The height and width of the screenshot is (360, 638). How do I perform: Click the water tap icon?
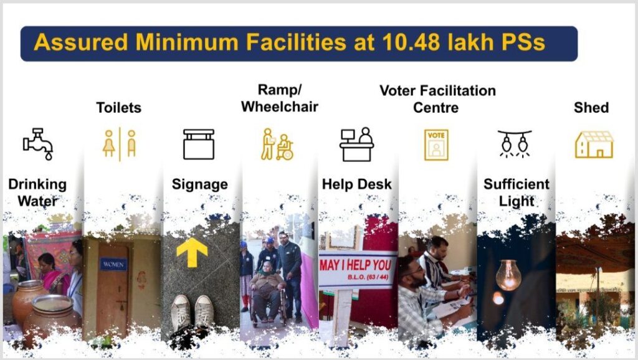[38, 143]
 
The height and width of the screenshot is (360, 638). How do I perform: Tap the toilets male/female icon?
[120, 144]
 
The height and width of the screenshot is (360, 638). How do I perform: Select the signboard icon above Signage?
[199, 144]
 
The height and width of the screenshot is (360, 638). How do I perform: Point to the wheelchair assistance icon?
[277, 144]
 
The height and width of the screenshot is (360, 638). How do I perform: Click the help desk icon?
[356, 144]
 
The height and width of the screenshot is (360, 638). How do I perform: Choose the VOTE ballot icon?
[436, 145]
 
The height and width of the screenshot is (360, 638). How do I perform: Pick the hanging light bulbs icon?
[515, 143]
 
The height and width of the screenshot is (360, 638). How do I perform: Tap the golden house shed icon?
[594, 144]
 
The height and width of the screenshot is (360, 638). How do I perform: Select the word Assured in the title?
[81, 42]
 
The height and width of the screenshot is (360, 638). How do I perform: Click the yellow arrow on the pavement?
[192, 252]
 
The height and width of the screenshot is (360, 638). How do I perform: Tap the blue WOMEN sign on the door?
[113, 265]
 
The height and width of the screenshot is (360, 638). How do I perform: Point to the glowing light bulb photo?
[508, 275]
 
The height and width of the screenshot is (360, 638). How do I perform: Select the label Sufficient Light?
[517, 192]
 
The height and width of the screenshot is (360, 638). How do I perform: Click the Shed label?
[591, 108]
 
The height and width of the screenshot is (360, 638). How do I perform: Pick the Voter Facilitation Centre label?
[437, 99]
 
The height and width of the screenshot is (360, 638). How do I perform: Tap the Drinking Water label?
[37, 192]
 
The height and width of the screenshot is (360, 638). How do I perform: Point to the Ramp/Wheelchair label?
[280, 98]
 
